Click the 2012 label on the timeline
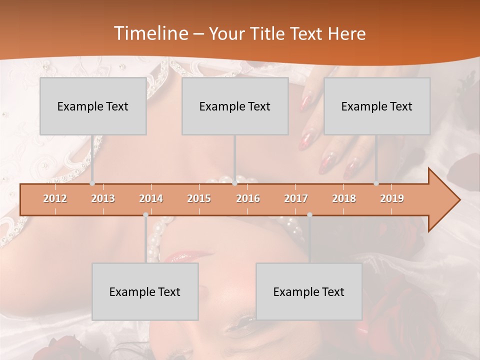point(55,198)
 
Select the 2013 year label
point(103,198)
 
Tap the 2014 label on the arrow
point(151,198)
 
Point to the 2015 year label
point(199,198)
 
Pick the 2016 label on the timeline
point(248,198)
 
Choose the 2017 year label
point(296,198)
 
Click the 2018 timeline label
point(344,198)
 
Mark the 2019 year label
point(392,198)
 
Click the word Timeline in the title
point(149,33)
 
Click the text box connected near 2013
point(93,106)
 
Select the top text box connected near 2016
point(235,106)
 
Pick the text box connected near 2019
point(377,106)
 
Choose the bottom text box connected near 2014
point(145,291)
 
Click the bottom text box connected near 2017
point(309,291)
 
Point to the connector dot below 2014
point(145,214)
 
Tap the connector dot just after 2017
point(309,214)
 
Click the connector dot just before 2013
point(92,183)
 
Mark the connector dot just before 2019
point(376,183)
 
